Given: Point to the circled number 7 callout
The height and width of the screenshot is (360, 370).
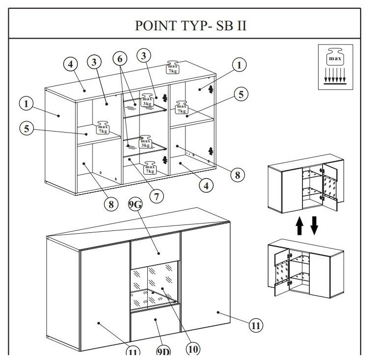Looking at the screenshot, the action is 156,197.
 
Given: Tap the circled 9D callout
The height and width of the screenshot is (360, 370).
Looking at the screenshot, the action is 163,351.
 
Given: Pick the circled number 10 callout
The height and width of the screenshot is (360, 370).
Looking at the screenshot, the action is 193,349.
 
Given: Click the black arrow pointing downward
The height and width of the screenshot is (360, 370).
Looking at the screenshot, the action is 314,225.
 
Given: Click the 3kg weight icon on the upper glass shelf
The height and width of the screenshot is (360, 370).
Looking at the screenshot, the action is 147,100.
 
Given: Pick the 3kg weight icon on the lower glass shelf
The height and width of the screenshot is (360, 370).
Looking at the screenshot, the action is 145,142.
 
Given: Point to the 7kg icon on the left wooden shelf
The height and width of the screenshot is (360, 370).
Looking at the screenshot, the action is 103,128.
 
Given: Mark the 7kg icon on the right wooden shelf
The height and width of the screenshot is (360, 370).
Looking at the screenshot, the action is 182,107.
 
